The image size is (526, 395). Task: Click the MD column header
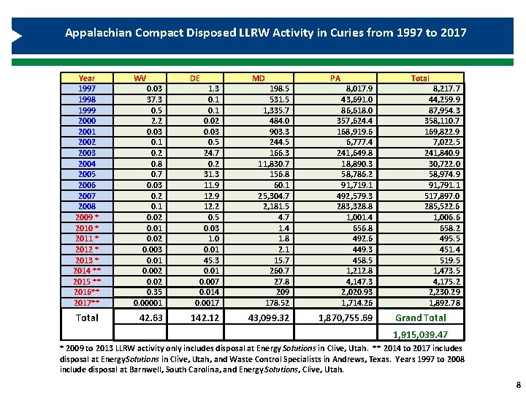259,78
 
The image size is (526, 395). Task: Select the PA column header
335,78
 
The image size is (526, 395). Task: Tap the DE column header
195,78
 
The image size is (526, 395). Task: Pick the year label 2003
87,153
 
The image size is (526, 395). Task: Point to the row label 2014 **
87,271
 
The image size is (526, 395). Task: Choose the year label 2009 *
87,217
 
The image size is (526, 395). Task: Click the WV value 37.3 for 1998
153,99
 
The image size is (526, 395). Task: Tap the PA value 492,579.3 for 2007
354,196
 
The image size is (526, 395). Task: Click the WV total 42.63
150,317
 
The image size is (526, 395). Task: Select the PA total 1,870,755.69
346,317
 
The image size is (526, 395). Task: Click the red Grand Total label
420,317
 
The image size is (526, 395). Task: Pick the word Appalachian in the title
97,33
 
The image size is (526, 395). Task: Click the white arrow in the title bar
16,37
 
